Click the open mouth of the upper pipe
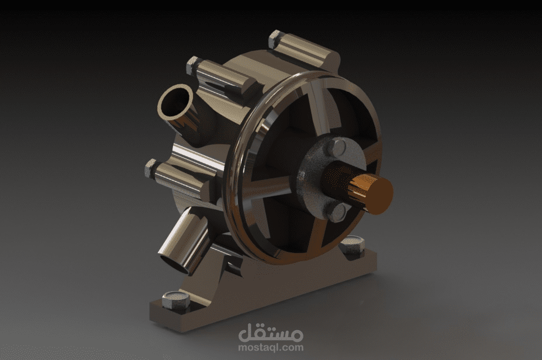click(x=175, y=103)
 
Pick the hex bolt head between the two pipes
click(x=151, y=169)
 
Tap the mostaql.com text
click(x=271, y=347)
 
